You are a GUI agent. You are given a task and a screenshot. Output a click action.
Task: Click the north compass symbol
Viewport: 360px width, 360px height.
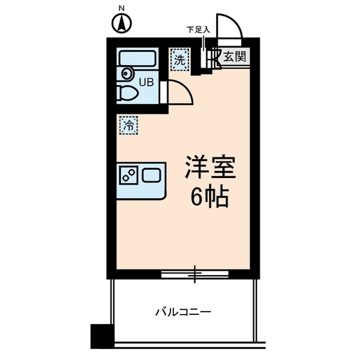(122, 24)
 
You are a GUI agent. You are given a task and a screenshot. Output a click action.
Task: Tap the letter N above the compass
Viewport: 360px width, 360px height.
(122, 9)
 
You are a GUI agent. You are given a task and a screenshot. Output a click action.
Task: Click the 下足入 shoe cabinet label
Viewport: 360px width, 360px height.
(197, 30)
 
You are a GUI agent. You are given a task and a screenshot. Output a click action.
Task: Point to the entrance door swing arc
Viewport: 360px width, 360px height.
(230, 30)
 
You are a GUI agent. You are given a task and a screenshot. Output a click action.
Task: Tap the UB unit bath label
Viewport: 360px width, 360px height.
(147, 82)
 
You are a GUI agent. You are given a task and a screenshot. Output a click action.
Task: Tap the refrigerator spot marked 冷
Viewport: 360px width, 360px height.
(129, 125)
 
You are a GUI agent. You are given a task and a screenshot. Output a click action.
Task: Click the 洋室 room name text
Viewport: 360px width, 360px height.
(210, 168)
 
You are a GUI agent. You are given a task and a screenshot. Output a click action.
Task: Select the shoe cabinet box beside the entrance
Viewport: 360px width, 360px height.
(207, 57)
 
